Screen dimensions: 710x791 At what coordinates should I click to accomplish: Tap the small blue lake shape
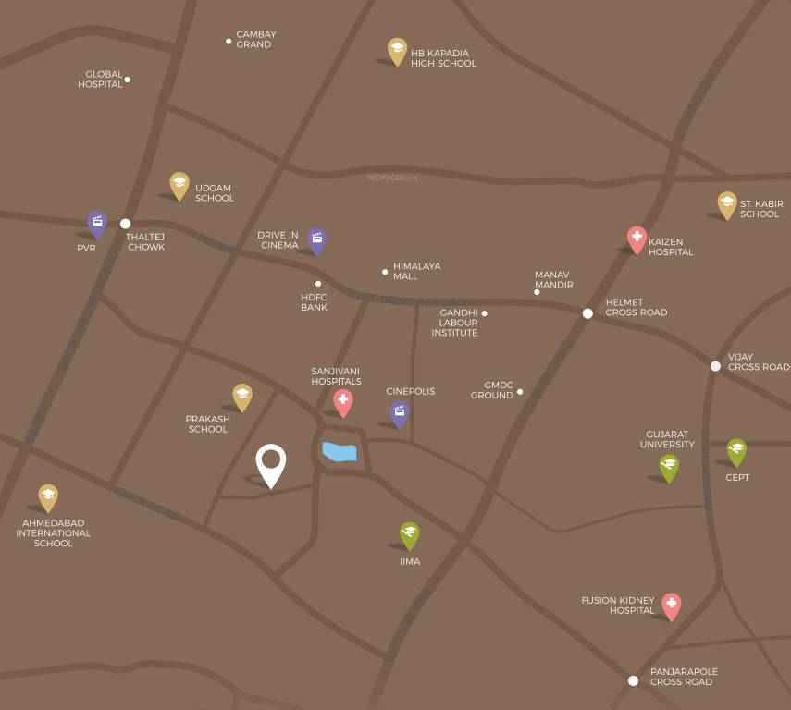(x=340, y=452)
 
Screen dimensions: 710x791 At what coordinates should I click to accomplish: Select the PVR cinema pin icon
(x=97, y=223)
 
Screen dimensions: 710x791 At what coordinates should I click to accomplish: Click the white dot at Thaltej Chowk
(x=126, y=224)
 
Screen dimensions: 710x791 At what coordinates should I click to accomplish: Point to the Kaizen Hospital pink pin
(x=637, y=239)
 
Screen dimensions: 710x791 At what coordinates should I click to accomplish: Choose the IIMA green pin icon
(x=409, y=534)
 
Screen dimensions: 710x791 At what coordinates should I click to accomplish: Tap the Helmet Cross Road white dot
(x=587, y=313)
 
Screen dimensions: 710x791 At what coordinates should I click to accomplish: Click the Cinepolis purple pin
(x=399, y=412)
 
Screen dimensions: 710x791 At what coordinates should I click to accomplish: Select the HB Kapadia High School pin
(x=397, y=51)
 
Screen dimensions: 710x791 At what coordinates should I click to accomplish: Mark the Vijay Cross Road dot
(x=715, y=366)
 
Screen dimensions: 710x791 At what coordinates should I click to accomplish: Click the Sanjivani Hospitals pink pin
(x=343, y=401)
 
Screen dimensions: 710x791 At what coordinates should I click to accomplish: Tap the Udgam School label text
(x=215, y=192)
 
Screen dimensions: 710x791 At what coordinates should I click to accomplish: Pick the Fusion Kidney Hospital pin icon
(x=671, y=606)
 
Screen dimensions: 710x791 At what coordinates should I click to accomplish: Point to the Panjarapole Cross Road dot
(x=633, y=680)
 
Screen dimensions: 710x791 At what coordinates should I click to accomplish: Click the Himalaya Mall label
(x=416, y=271)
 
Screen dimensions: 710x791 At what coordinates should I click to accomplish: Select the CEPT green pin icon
(x=736, y=451)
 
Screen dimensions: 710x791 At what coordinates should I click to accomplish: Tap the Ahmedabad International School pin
(x=48, y=497)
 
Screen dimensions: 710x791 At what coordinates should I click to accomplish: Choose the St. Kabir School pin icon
(x=727, y=204)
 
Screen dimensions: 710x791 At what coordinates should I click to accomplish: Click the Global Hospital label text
(x=101, y=79)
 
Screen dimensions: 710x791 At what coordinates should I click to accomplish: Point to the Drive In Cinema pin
(x=316, y=240)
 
